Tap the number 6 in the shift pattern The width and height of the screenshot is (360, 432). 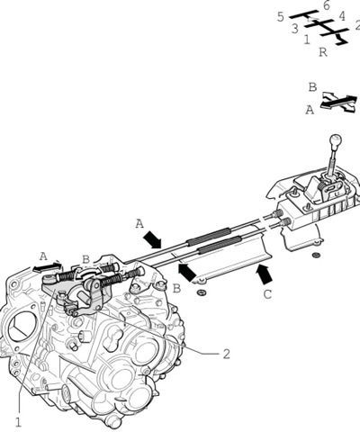tap(327, 5)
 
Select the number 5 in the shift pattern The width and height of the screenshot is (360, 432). tap(280, 17)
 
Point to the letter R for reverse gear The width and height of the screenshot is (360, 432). tap(323, 52)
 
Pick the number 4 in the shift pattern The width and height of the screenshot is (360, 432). tap(342, 16)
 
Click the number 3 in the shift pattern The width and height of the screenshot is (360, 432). tap(295, 29)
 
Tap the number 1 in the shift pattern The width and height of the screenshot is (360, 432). tap(307, 40)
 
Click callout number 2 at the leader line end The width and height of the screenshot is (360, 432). tap(226, 354)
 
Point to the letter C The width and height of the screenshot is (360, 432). tap(267, 294)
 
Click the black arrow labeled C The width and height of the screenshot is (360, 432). tap(265, 274)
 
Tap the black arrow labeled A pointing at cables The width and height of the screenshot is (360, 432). tap(152, 240)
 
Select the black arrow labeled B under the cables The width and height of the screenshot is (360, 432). tap(187, 272)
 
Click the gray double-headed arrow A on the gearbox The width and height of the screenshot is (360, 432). tap(47, 266)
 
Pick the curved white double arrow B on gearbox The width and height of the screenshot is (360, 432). tap(88, 272)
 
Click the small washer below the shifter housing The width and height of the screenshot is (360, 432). tap(316, 256)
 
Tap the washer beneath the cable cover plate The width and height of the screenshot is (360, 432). tap(201, 292)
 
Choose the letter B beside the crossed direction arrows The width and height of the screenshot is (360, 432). tap(312, 87)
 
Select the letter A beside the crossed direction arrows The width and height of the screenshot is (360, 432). tap(310, 111)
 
